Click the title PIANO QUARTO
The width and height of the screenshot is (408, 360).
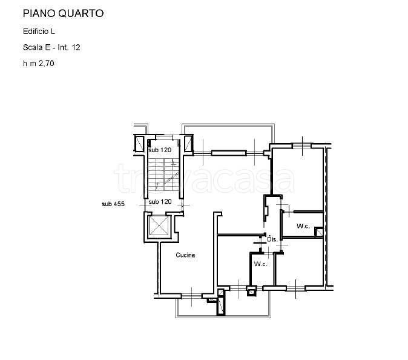pyautogui.click(x=63, y=13)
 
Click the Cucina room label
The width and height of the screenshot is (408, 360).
pyautogui.click(x=185, y=255)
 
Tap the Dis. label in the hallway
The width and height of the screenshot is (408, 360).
pyautogui.click(x=272, y=240)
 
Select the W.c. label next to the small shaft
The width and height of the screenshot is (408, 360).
pyautogui.click(x=303, y=226)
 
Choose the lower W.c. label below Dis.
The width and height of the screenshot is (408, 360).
pyautogui.click(x=260, y=264)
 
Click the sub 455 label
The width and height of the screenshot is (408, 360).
pyautogui.click(x=113, y=204)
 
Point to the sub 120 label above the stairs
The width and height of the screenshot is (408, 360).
pyautogui.click(x=160, y=149)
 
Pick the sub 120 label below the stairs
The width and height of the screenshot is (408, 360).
pyautogui.click(x=160, y=201)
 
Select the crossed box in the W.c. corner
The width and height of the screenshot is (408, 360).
pyautogui.click(x=318, y=230)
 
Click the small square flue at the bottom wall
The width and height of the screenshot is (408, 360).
pyautogui.click(x=251, y=292)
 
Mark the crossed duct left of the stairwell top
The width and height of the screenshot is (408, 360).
pyautogui.click(x=138, y=144)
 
